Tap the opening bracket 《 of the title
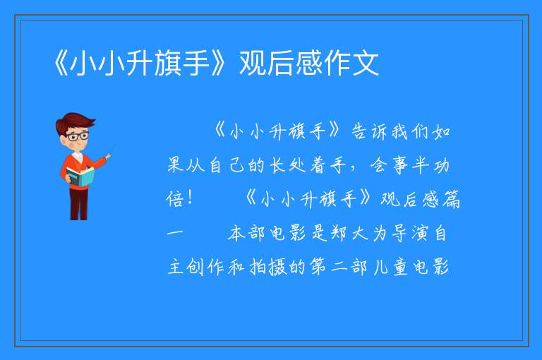point(60,63)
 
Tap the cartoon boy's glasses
point(78,136)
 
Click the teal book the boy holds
point(80,176)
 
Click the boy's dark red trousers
point(79,204)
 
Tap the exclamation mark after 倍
point(189,198)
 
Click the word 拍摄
point(268,267)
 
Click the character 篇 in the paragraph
point(451,198)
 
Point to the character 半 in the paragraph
point(421,165)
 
